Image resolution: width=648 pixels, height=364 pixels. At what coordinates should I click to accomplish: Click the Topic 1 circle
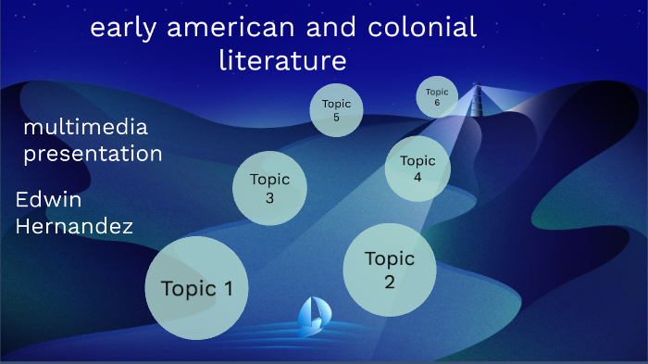tap(196, 287)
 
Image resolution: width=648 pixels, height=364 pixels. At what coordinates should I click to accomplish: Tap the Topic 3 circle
tap(269, 188)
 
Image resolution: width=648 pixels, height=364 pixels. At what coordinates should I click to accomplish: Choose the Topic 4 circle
tap(417, 169)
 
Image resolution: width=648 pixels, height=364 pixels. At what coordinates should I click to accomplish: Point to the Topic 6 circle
tap(437, 97)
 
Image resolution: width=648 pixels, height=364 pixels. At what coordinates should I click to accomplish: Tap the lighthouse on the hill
tap(478, 98)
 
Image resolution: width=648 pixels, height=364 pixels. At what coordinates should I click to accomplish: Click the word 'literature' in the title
tap(282, 61)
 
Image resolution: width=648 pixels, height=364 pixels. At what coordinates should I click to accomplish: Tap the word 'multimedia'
tap(85, 127)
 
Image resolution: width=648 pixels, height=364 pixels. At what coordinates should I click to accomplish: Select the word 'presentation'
tap(93, 153)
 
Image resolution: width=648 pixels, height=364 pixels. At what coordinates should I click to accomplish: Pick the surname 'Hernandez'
tap(74, 225)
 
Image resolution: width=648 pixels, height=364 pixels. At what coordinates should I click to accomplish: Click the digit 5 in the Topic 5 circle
tap(336, 118)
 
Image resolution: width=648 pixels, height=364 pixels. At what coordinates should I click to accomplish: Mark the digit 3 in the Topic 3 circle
tap(269, 197)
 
